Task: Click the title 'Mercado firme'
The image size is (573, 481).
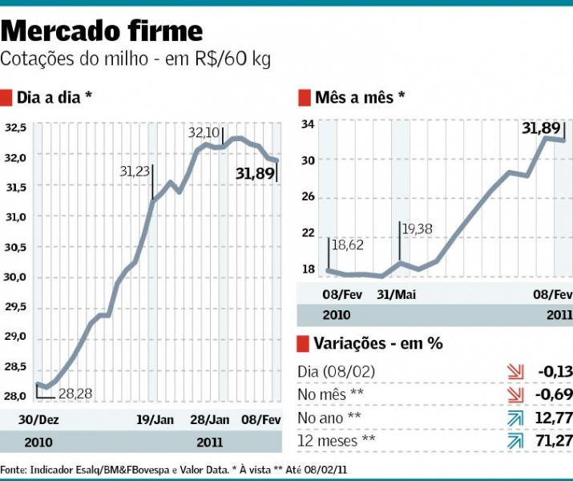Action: pos(102,31)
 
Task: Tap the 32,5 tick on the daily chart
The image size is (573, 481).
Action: pos(16,127)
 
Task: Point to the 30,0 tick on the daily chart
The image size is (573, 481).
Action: pos(16,277)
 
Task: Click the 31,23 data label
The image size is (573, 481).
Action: pos(135,171)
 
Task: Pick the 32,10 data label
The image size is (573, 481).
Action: pos(204,132)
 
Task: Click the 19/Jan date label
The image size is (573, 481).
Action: pos(155,419)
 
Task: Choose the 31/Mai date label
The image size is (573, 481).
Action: pos(395,294)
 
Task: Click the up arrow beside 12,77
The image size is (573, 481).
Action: pos(514,418)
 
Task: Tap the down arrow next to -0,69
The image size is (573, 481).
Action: pos(514,394)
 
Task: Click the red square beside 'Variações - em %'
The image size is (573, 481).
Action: pos(303,344)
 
